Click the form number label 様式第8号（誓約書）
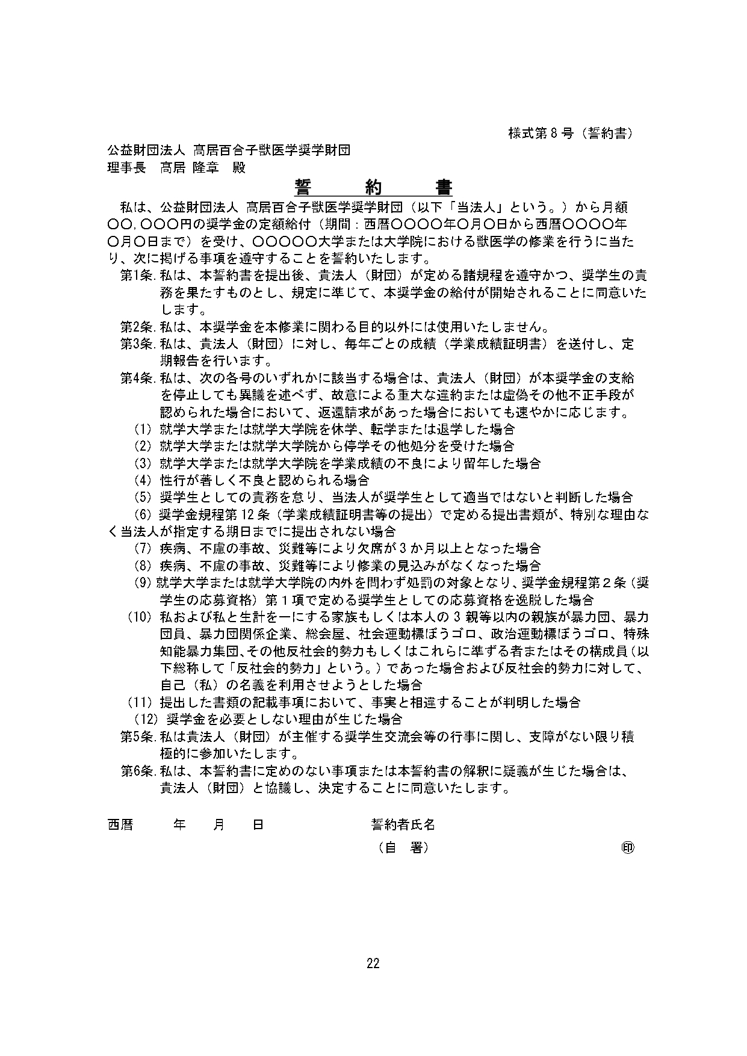point(571,134)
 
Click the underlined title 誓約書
point(373,188)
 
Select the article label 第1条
point(138,276)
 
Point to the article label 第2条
point(138,327)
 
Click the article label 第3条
point(138,344)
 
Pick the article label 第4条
point(138,378)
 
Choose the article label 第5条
point(138,736)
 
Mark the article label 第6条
point(138,771)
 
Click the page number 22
point(373,964)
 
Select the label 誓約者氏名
point(403,825)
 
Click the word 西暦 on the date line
point(120,825)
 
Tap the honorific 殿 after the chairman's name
point(239,168)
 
